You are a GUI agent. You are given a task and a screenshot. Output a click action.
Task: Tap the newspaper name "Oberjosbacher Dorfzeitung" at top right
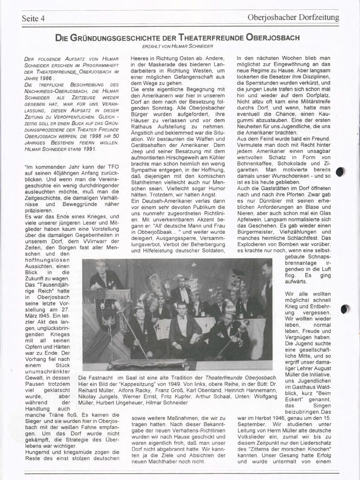click(293, 18)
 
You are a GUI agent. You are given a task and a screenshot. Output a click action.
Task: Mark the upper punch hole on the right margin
click(340, 172)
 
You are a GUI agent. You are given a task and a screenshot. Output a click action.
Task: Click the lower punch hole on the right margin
click(345, 309)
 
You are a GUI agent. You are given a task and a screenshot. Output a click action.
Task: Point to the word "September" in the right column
click(254, 424)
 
